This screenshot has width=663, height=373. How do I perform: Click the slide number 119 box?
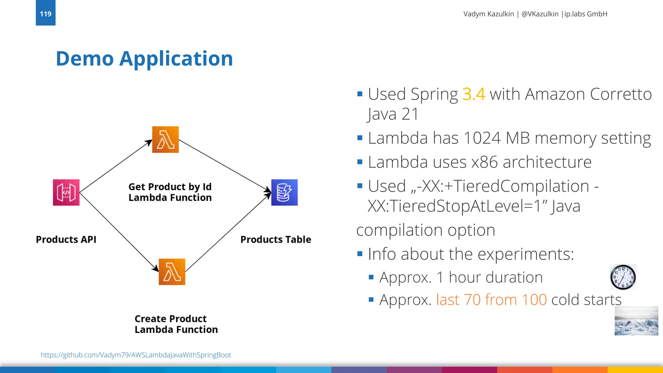point(46,13)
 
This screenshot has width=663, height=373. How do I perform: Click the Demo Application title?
point(144,59)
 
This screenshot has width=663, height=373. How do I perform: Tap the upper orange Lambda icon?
point(165,140)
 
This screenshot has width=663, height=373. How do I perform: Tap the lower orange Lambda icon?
point(172,272)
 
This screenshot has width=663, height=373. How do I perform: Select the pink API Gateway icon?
point(66,192)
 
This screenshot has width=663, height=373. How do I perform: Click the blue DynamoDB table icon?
point(284,192)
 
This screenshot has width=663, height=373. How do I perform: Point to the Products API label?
point(66,239)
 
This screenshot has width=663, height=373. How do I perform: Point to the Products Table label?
point(275,239)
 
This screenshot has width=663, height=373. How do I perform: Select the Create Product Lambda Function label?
point(176,324)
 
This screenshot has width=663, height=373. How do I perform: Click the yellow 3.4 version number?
point(474,94)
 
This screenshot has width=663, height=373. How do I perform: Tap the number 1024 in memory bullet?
point(482,138)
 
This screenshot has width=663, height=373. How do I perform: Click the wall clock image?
point(623,277)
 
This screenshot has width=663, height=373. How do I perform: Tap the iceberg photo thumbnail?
point(636,321)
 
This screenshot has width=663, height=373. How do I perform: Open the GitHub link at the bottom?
point(136,355)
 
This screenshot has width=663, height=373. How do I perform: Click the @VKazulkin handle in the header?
point(540,14)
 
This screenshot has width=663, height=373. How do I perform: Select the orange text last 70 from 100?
point(491,300)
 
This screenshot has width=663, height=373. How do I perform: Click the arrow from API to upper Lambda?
point(116,166)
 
